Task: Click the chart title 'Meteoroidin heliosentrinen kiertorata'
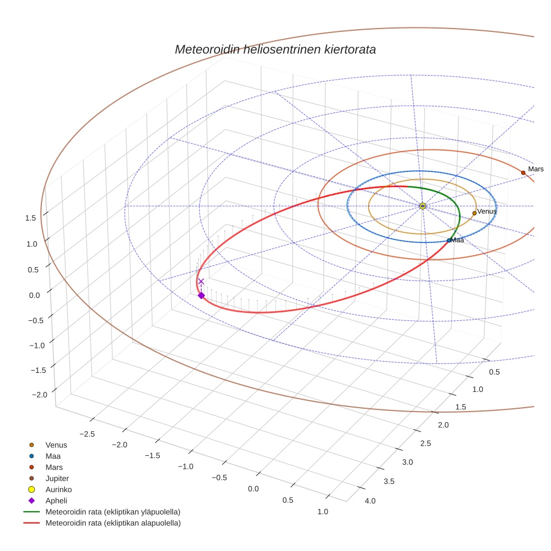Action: (x=275, y=49)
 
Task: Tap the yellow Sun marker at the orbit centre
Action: (x=422, y=206)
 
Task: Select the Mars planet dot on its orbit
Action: (x=523, y=172)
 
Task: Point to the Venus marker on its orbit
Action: (x=474, y=213)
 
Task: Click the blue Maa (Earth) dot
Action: (x=449, y=240)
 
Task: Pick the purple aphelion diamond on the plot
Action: (x=201, y=295)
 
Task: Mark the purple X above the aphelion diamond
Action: (x=201, y=282)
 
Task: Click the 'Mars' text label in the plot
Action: (x=535, y=169)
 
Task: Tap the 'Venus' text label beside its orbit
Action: (x=487, y=211)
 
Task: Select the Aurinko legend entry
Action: (x=58, y=489)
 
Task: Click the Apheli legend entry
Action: (x=56, y=501)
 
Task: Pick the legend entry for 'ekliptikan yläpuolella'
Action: (x=113, y=512)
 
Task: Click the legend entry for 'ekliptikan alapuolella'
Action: (x=113, y=523)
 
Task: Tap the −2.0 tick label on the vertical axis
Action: (x=39, y=395)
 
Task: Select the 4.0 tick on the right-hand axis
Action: (x=370, y=501)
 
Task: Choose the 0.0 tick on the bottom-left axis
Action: (x=253, y=489)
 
